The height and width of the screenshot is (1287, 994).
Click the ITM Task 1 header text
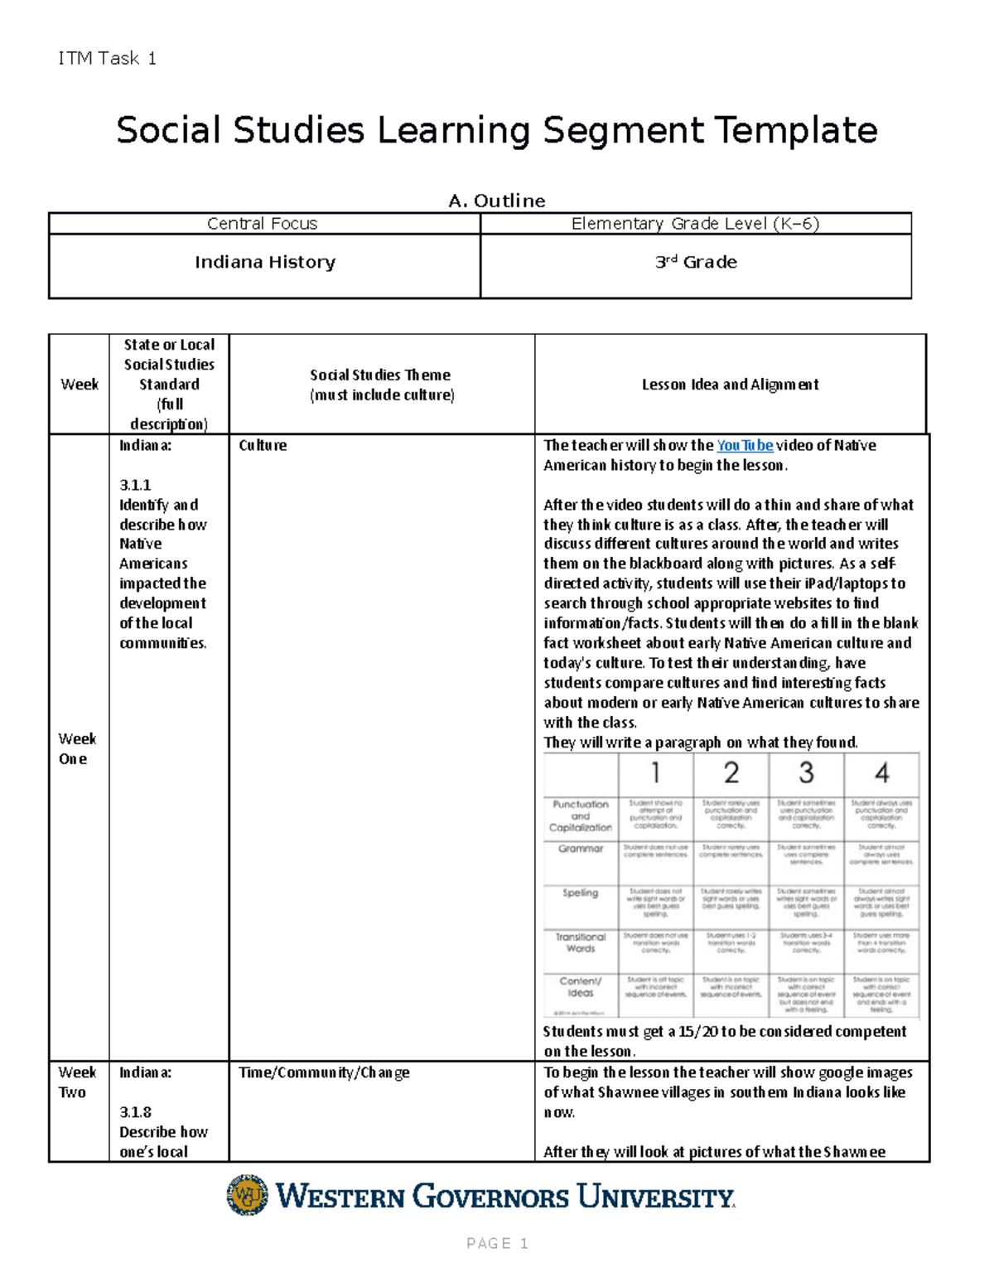pos(107,58)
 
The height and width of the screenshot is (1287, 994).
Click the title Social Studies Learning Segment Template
pos(496,130)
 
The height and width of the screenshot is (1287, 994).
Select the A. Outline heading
pos(496,201)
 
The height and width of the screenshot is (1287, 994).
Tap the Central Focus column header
pos(262,224)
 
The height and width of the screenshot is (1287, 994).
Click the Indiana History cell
pos(265,263)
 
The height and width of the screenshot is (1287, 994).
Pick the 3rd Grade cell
pos(696,263)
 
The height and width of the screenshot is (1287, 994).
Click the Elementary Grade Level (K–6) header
pos(695,224)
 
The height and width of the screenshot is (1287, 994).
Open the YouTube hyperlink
pos(745,445)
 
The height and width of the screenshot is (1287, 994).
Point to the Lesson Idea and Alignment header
pos(730,385)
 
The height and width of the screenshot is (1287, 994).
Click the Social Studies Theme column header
pos(381,385)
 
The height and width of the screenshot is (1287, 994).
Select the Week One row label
pos(77,748)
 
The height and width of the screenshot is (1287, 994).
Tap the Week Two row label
pos(77,1082)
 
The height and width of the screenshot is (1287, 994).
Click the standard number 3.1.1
pos(135,485)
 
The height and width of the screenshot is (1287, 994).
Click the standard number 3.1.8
pos(135,1112)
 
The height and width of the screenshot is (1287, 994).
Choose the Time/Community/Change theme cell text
pos(324,1072)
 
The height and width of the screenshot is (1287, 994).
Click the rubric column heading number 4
pos(881,773)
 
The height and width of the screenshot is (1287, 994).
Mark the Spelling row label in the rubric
pos(580,893)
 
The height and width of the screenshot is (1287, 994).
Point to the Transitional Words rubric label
pos(580,942)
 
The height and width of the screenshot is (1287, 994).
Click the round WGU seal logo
pos(248,1195)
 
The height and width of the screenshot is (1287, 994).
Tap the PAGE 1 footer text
pos(497,1243)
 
